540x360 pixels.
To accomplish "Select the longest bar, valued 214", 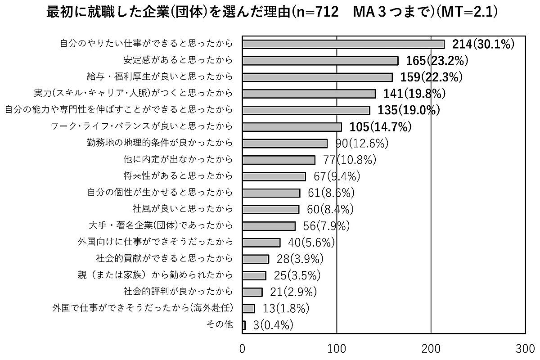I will pos(343,44).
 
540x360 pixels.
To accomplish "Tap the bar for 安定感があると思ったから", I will pos(320,61).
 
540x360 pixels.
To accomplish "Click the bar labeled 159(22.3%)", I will pos(317,77).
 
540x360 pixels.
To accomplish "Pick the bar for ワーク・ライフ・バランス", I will pos(292,127).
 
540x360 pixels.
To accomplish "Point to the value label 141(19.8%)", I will pos(414,94).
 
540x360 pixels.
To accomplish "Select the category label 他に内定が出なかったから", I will pos(178,159).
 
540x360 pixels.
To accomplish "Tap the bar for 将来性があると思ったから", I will pos(274,176).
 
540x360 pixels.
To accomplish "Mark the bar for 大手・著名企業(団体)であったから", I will pos(269,226).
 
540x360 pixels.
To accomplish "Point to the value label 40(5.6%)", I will pos(311,242).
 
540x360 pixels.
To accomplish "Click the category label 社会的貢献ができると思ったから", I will pos(164,258).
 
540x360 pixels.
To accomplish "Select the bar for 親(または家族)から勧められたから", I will pos(254,275).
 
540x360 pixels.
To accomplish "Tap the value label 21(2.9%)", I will pos(293,292).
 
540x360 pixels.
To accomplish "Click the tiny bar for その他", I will pos(244,325).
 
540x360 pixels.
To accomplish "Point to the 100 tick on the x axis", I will pos(337,349).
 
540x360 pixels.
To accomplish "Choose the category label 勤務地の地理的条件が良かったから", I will pos(160,143).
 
